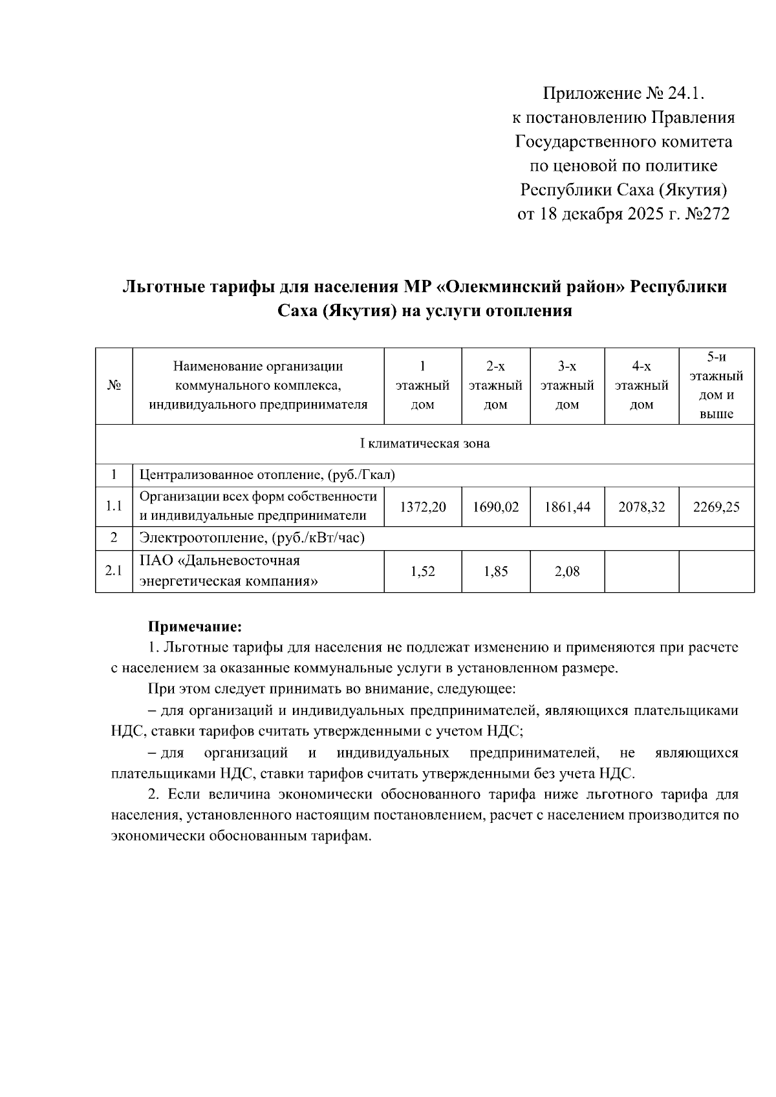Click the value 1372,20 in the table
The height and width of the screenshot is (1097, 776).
(x=422, y=507)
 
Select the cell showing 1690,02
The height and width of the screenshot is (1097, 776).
(x=495, y=507)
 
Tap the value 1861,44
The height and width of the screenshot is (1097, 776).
(x=567, y=507)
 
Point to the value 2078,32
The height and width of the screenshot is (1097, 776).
(x=641, y=507)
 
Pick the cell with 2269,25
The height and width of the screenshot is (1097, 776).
(x=716, y=507)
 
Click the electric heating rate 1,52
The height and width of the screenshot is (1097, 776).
(x=422, y=571)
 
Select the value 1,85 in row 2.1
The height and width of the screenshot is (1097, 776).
(x=495, y=571)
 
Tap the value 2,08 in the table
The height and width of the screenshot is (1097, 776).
(x=567, y=571)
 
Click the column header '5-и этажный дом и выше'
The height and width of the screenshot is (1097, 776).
(x=716, y=386)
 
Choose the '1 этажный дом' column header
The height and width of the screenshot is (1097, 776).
(x=422, y=386)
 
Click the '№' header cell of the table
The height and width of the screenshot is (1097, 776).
(x=114, y=386)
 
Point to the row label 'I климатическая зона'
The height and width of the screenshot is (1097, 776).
(x=424, y=444)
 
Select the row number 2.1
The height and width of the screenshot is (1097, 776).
(x=114, y=571)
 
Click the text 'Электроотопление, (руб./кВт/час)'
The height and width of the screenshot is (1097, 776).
(x=253, y=538)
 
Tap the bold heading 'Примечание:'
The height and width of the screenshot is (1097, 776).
(x=195, y=626)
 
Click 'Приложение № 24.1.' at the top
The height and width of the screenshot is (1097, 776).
(x=622, y=94)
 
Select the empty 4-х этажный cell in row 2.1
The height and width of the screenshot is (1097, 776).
(x=641, y=571)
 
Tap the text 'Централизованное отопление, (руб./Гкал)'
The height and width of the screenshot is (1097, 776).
(x=267, y=475)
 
